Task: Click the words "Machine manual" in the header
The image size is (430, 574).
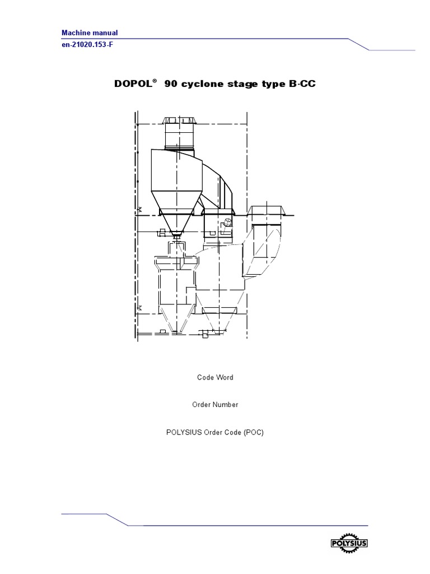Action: tap(90, 33)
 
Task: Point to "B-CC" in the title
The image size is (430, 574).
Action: tap(307, 84)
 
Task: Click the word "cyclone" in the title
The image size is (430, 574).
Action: tap(202, 84)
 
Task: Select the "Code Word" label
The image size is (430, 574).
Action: tap(215, 377)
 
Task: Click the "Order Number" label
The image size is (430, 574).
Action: tap(215, 404)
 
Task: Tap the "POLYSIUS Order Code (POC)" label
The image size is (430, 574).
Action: tap(215, 432)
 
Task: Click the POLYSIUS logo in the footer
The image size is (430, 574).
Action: tap(349, 543)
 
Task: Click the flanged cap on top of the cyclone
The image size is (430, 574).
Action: tap(178, 121)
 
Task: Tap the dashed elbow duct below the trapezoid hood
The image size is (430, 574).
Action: tap(260, 252)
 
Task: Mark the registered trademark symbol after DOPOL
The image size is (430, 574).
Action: tap(154, 81)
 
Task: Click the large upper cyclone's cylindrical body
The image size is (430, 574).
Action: tap(172, 179)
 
